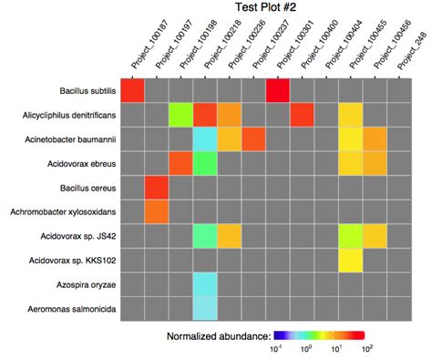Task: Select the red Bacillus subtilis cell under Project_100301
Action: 278,91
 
